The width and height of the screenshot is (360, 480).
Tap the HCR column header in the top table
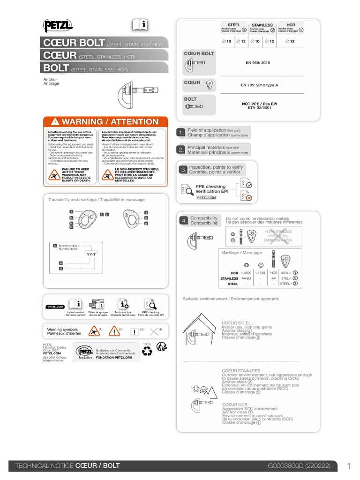pyautogui.click(x=291, y=25)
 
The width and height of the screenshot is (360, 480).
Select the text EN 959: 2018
pyautogui.click(x=258, y=62)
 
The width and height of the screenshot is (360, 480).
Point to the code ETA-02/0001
pyautogui.click(x=259, y=107)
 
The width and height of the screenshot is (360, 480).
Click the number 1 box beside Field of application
pyautogui.click(x=180, y=133)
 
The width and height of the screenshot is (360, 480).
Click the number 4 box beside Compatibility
pyautogui.click(x=183, y=220)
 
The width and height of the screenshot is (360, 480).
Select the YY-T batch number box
pyautogui.click(x=91, y=254)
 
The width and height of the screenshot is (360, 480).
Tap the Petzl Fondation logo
pyautogui.click(x=85, y=352)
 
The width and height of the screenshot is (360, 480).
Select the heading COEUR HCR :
pyautogui.click(x=236, y=404)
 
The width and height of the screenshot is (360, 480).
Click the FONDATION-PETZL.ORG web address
pyautogui.click(x=114, y=358)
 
